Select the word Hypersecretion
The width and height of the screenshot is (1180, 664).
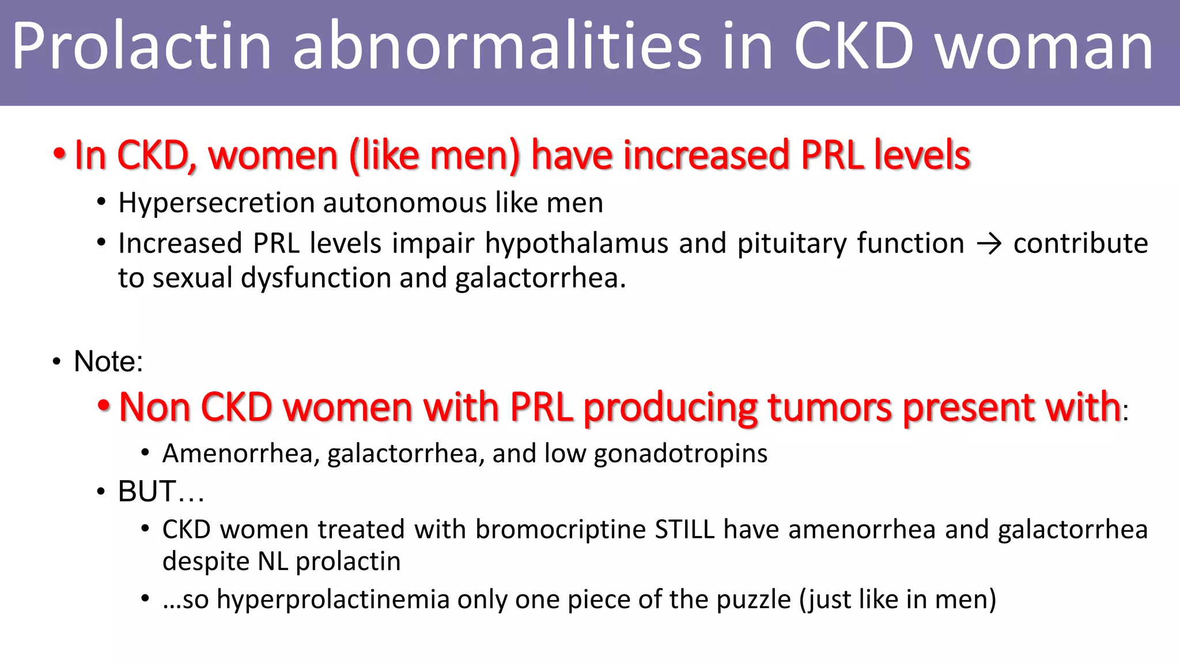click(x=216, y=203)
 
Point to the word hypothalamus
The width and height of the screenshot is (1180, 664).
click(x=576, y=244)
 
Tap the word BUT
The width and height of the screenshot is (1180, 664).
click(x=146, y=492)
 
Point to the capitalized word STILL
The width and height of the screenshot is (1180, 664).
click(x=684, y=530)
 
